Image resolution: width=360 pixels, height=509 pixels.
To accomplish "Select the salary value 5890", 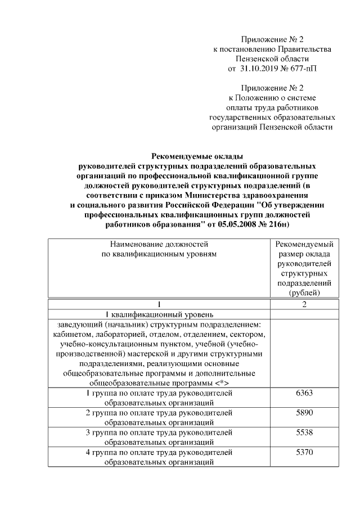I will [x=304, y=412].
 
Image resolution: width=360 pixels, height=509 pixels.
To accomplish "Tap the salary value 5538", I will [x=304, y=432].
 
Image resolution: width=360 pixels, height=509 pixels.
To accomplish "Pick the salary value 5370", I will [x=304, y=452].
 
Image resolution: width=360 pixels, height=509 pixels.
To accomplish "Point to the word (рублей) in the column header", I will [x=304, y=292].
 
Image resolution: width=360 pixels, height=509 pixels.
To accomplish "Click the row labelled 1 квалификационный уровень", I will [x=159, y=314].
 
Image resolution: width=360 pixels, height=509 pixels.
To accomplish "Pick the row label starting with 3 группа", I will [x=159, y=432].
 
